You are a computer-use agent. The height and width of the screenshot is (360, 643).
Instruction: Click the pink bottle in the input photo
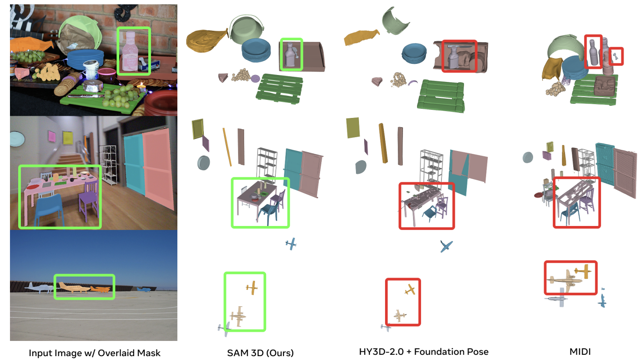[130, 52]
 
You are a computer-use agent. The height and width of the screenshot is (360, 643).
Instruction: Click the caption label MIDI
[580, 351]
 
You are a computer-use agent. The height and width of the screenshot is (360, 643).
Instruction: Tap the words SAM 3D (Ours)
[260, 353]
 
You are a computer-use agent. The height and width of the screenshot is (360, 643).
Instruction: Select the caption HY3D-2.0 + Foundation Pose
[424, 352]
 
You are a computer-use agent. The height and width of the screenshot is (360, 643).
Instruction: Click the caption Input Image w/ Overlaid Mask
[95, 353]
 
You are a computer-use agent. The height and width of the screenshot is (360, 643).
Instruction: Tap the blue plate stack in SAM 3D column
[256, 50]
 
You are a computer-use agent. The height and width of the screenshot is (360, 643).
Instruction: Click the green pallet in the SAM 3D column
[279, 88]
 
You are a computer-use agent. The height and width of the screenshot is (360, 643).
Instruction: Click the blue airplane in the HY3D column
[446, 246]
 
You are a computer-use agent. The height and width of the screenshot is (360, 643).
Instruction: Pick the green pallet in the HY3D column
[441, 96]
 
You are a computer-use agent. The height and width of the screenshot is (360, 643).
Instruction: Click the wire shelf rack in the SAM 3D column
[267, 163]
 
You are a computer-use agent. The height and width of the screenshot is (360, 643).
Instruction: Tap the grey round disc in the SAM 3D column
[203, 163]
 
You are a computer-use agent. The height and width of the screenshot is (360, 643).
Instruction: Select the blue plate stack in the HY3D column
[414, 53]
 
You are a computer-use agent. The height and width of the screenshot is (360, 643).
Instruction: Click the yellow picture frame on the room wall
[68, 137]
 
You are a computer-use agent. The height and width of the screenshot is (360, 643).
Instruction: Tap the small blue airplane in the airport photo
[143, 289]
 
